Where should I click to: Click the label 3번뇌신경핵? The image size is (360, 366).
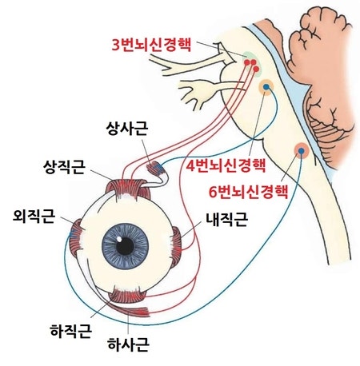click(151, 46)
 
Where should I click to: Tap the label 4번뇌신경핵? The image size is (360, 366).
click(226, 165)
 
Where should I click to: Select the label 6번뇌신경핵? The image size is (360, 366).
click(249, 192)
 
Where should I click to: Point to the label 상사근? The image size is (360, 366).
click(127, 129)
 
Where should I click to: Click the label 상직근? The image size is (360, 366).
click(64, 167)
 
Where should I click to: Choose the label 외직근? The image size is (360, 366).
click(34, 217)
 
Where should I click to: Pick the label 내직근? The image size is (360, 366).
click(227, 220)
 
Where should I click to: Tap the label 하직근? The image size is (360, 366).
click(71, 331)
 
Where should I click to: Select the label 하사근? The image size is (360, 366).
click(128, 344)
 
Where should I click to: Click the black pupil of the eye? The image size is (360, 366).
click(125, 246)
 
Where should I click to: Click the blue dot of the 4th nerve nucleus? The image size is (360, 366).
click(266, 87)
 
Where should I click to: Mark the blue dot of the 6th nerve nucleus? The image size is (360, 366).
click(302, 151)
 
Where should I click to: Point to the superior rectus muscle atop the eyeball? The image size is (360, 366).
click(128, 189)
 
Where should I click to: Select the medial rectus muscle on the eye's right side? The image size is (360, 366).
click(176, 247)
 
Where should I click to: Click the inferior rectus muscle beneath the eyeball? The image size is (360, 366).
click(127, 295)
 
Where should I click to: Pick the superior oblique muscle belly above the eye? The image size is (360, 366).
click(154, 168)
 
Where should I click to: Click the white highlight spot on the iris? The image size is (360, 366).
click(119, 239)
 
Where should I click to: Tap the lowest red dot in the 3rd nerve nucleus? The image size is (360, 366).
click(256, 69)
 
